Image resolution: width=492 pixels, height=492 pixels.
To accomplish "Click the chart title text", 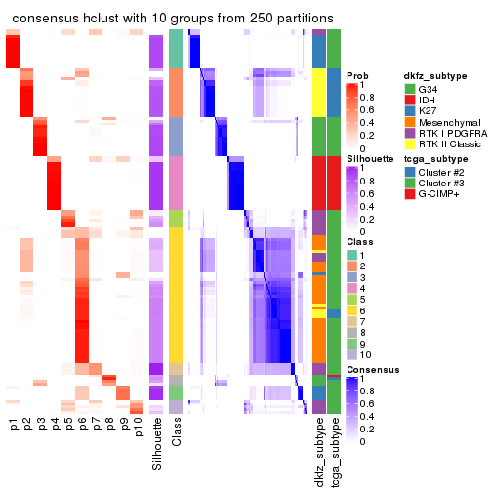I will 172,19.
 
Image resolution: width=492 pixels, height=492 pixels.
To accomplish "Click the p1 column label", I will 13,427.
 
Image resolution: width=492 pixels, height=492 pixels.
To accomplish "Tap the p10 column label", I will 138,430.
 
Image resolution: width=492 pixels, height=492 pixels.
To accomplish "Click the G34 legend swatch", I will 411,90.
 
